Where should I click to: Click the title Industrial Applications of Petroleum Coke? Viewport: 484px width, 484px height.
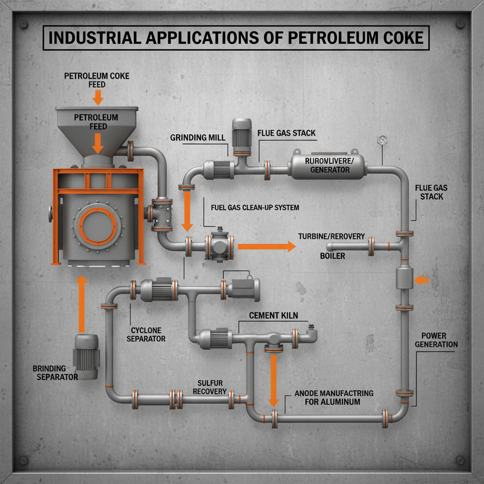(x=236, y=37)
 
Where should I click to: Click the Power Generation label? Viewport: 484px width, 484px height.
(x=436, y=339)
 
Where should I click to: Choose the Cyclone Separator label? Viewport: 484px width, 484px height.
(x=146, y=334)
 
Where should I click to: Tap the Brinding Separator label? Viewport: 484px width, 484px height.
(x=55, y=372)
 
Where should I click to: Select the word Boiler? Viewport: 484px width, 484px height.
(x=333, y=256)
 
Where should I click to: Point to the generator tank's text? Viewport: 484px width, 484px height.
(x=327, y=165)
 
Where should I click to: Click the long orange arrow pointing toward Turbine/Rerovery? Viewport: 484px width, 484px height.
(x=266, y=246)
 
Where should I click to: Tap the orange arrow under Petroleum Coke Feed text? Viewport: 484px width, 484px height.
(x=98, y=97)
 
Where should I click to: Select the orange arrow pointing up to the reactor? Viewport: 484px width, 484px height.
(x=81, y=304)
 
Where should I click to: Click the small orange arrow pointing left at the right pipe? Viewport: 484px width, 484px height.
(x=422, y=281)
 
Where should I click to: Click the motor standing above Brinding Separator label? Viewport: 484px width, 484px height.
(x=86, y=356)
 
